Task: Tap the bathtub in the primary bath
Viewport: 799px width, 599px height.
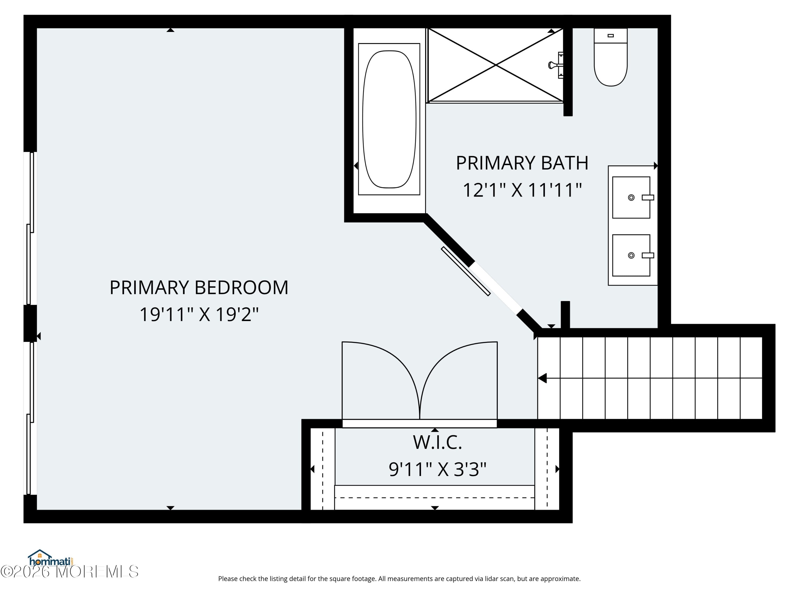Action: [x=389, y=119]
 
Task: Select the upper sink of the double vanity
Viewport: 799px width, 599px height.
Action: [x=631, y=198]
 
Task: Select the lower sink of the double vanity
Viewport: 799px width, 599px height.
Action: [x=631, y=255]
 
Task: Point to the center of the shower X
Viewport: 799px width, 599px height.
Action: [x=496, y=65]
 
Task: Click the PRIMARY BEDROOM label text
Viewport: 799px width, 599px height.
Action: [x=199, y=288]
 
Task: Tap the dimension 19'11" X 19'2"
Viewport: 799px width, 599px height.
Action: [x=199, y=314]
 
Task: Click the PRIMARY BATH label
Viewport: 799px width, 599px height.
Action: [x=522, y=163]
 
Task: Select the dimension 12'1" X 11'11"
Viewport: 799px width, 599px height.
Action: [x=522, y=190]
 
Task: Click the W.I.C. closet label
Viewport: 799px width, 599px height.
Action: [x=437, y=443]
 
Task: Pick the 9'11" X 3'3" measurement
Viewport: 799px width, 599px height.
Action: [x=437, y=470]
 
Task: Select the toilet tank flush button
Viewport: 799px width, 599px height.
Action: [x=610, y=35]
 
